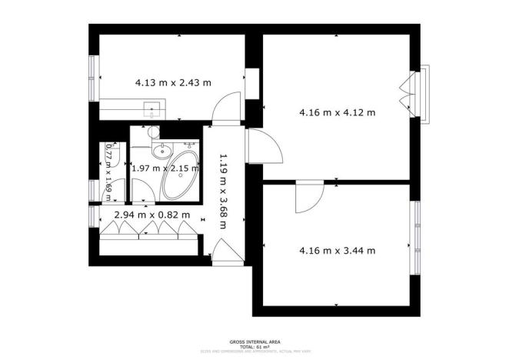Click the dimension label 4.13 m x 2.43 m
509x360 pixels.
(173, 82)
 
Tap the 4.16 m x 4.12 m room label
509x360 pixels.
(337, 112)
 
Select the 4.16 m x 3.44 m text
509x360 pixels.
(337, 250)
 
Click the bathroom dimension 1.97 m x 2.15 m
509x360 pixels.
(165, 168)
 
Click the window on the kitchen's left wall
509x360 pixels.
(93, 77)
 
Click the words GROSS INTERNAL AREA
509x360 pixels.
(254, 341)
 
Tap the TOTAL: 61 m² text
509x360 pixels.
(254, 346)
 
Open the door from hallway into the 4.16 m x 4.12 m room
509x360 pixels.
(258, 144)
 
